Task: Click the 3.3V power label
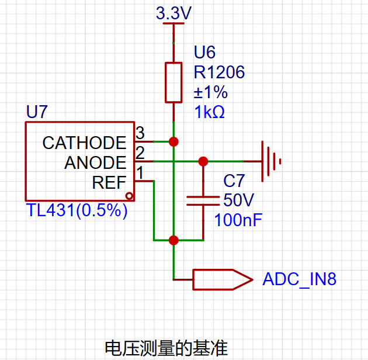(x=173, y=13)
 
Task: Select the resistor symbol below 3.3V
(x=173, y=82)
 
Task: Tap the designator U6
(x=204, y=52)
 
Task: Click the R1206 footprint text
(x=219, y=72)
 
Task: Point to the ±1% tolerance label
(x=210, y=92)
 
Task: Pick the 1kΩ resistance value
(x=209, y=112)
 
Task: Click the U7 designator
(x=37, y=112)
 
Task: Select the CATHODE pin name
(x=84, y=143)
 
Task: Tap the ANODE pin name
(x=95, y=162)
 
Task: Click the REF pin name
(x=109, y=182)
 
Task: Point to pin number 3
(x=140, y=133)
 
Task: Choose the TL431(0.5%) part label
(x=77, y=210)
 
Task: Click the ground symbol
(x=271, y=161)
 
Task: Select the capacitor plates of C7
(x=203, y=201)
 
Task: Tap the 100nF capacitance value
(x=238, y=220)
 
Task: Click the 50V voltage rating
(x=238, y=200)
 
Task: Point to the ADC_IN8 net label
(x=300, y=279)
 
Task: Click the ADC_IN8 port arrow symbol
(x=223, y=279)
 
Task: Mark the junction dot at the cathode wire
(x=173, y=141)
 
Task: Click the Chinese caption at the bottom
(x=166, y=348)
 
